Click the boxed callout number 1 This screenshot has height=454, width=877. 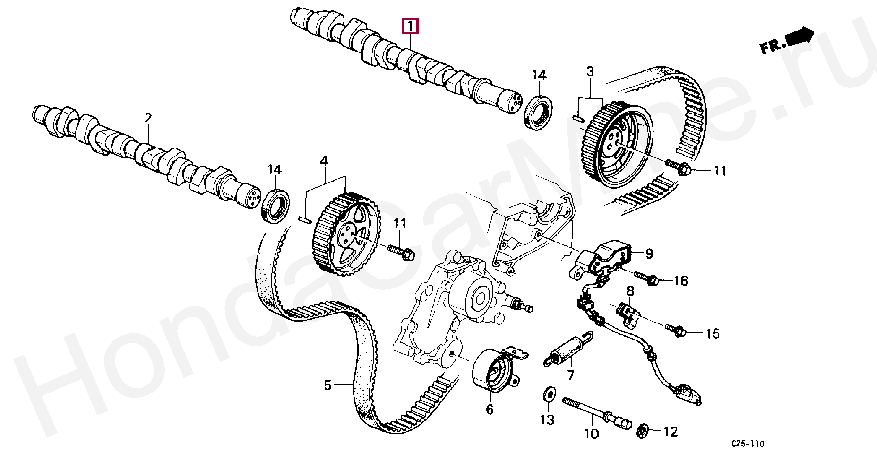click(x=410, y=26)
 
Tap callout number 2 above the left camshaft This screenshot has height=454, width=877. click(x=148, y=118)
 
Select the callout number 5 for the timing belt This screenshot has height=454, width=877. click(x=328, y=385)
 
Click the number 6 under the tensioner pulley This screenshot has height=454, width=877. click(x=490, y=409)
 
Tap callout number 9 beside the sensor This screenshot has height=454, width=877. click(x=649, y=254)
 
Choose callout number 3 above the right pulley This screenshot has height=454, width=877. click(x=590, y=72)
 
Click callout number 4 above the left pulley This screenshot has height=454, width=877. click(x=324, y=161)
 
